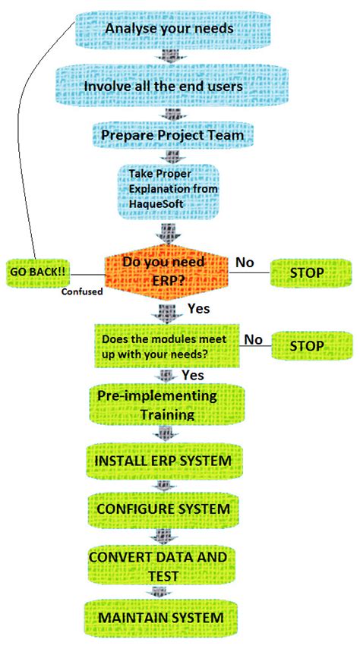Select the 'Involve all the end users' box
coord(164,86)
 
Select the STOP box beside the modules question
coord(308,346)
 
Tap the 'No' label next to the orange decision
coord(245,262)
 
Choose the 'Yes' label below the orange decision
coord(198,309)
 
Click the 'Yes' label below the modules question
coord(194,375)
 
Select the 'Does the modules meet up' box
coord(166,345)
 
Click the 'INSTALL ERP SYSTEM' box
coord(163,461)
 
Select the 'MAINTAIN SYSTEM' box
coord(161,618)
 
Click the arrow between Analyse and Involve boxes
coord(164,57)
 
